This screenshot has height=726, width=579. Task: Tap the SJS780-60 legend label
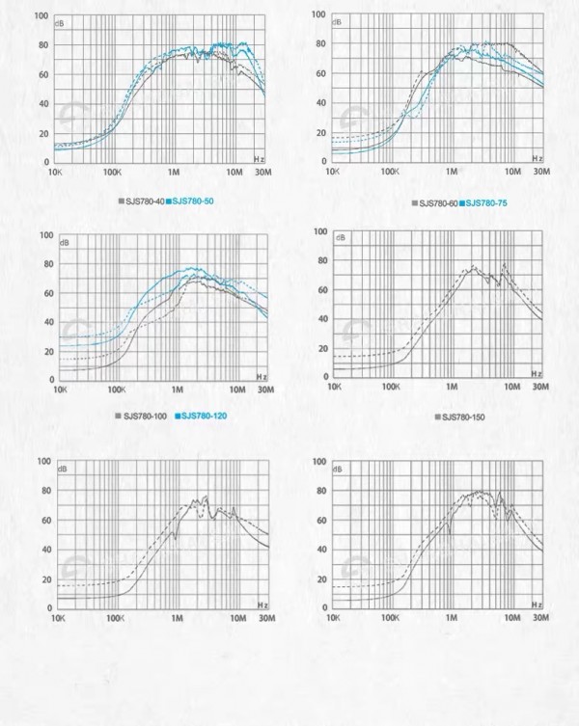coord(440,203)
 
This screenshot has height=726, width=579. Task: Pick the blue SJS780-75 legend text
coord(487,203)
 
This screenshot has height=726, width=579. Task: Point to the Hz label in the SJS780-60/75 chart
coord(537,154)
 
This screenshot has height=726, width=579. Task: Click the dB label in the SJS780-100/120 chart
coord(66,242)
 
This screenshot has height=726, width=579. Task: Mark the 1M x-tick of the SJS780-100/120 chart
coord(178,390)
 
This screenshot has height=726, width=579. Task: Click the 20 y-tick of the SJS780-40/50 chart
coord(43,133)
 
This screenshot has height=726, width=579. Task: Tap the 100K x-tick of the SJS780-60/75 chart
coord(390,172)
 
